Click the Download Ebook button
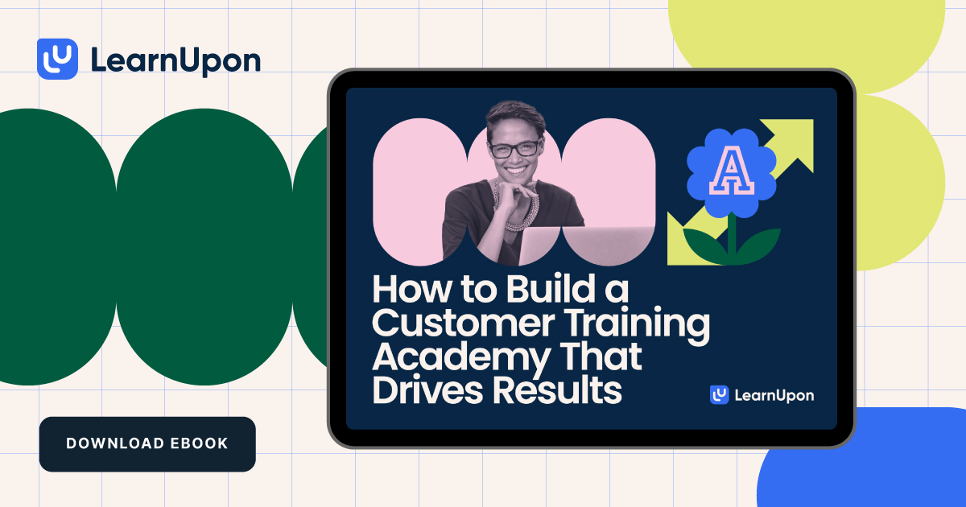tap(147, 443)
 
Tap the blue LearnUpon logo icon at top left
tap(57, 59)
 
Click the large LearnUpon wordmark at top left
tap(175, 60)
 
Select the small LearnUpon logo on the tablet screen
tap(762, 395)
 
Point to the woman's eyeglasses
tap(515, 149)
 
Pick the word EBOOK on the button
tap(199, 443)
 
